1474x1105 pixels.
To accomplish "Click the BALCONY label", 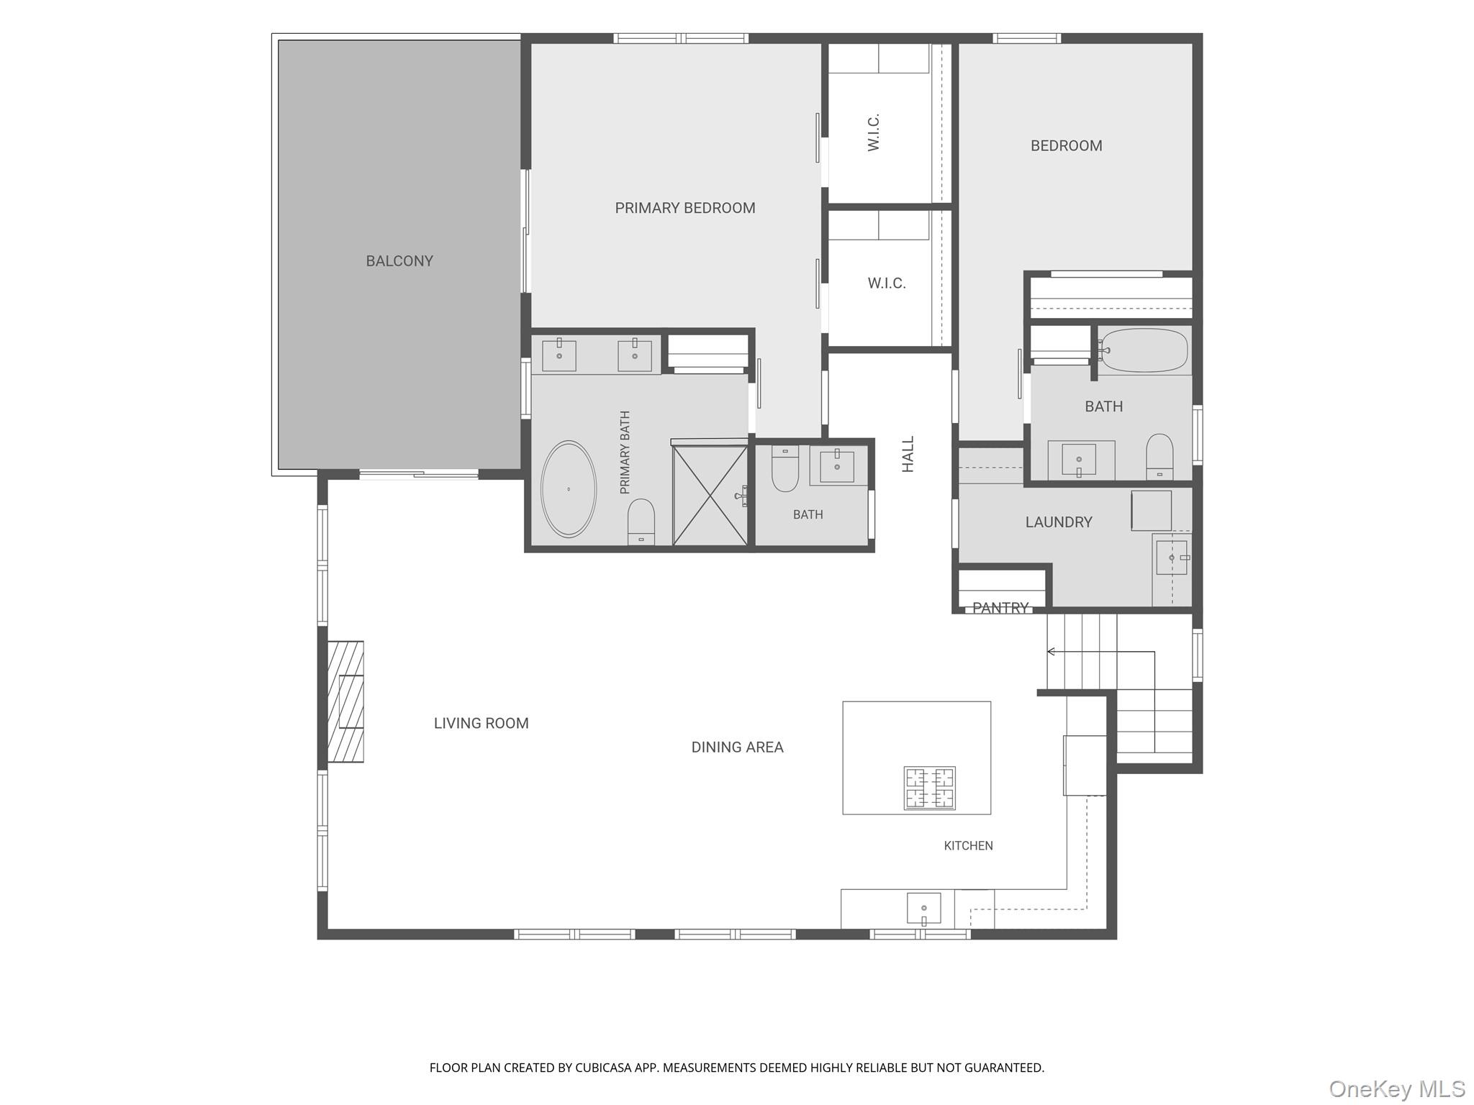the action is [399, 261].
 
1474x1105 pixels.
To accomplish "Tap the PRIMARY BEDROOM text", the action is [685, 208].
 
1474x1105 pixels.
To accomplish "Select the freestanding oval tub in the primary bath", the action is [569, 488].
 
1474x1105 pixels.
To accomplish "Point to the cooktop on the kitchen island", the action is [930, 788].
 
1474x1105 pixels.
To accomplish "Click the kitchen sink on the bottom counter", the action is [923, 909].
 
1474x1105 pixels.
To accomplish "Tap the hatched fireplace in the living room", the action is [345, 701].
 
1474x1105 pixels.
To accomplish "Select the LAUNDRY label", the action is [1059, 522].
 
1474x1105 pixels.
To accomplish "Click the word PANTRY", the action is [1000, 608].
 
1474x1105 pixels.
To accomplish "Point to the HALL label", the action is [908, 454].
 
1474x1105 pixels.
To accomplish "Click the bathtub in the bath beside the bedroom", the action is [1144, 350].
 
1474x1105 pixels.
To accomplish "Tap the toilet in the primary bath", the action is [641, 522].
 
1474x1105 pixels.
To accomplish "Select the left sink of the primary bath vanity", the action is [559, 355].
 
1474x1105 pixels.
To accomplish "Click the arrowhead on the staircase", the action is [1051, 652].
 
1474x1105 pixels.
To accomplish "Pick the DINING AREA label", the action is [737, 747].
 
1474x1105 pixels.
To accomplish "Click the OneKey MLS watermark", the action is [1396, 1088].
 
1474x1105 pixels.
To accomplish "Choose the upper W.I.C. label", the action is [874, 132].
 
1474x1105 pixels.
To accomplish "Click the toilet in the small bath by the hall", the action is [785, 468].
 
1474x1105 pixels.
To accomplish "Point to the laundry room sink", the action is [1172, 558].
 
